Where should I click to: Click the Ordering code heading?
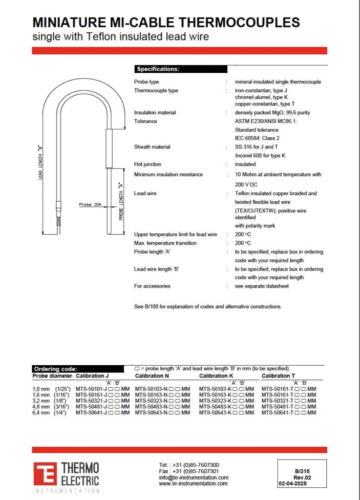[78, 369]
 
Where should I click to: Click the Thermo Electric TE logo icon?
[45, 474]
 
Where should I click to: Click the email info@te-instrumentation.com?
[193, 478]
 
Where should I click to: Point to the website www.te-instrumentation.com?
[193, 483]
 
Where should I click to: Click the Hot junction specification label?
[148, 165]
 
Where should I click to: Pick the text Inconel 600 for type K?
[260, 155]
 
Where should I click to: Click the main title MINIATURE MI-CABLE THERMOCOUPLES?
[166, 22]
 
